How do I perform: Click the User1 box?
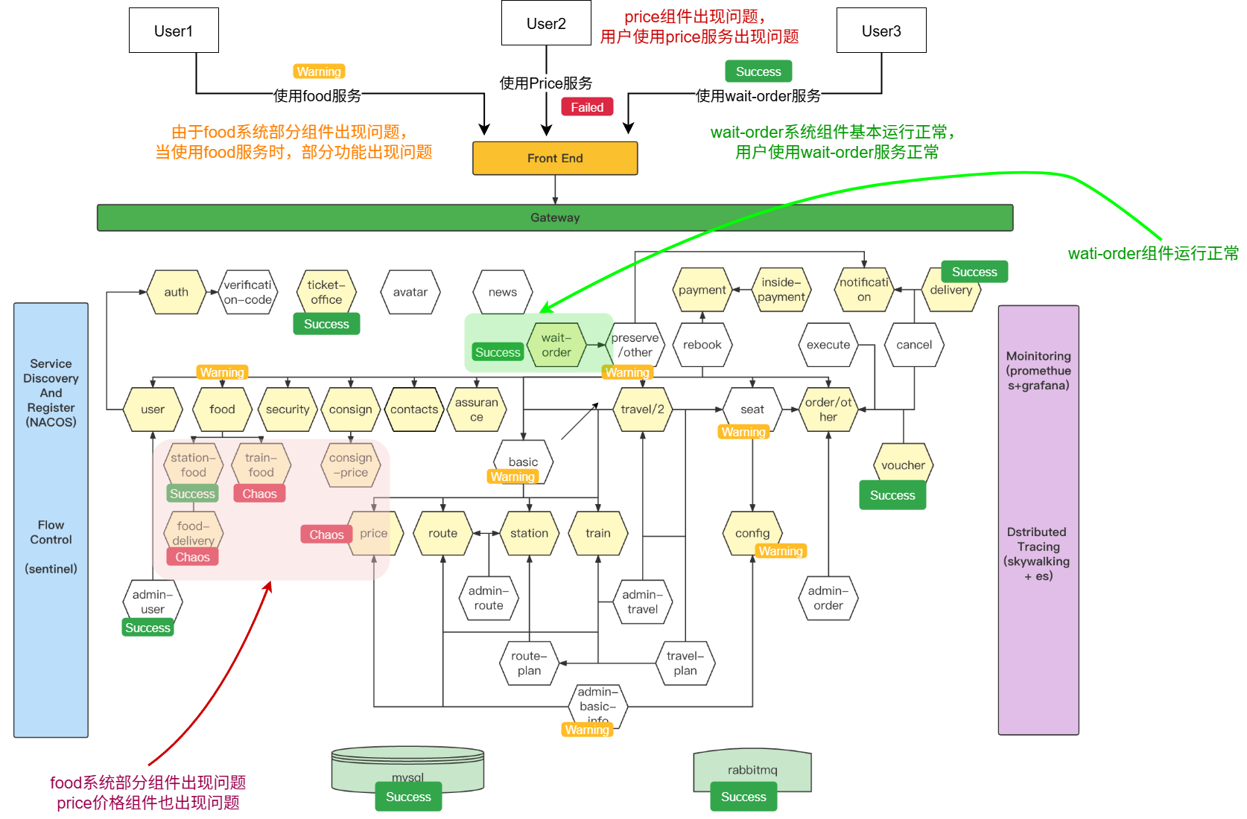(174, 31)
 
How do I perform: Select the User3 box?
(881, 31)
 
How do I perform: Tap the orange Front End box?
(555, 158)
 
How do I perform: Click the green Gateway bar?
(555, 217)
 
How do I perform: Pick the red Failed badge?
(587, 107)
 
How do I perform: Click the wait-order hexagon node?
(556, 345)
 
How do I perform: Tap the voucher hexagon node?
(903, 465)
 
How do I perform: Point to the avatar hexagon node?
(410, 292)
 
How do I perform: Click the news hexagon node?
(503, 292)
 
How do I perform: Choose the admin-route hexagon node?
(489, 598)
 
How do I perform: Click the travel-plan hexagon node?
(685, 663)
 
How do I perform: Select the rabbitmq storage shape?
(752, 770)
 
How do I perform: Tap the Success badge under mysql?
(408, 797)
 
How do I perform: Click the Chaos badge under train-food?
(259, 494)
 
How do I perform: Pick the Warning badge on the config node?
(781, 551)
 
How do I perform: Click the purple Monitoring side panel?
(1038, 520)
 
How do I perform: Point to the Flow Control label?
(51, 532)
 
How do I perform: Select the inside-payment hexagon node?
(781, 290)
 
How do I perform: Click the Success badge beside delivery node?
(974, 272)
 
